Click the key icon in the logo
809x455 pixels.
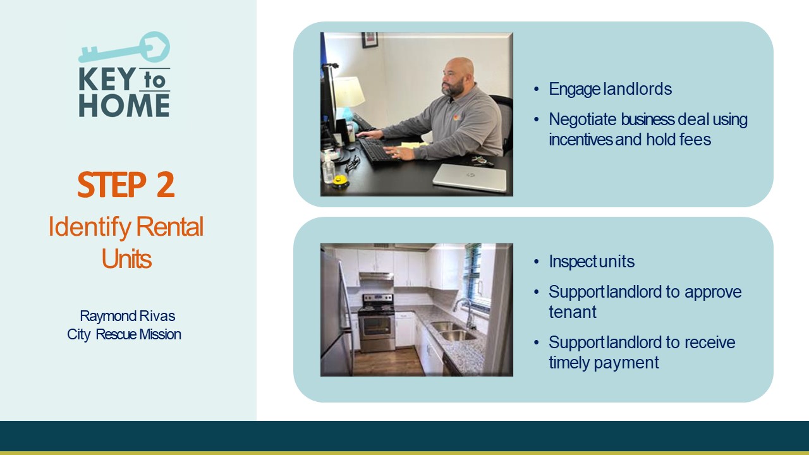tap(125, 49)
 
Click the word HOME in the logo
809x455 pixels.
tap(125, 106)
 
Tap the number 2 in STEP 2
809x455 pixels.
tap(166, 185)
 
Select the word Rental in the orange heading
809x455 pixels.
tap(170, 226)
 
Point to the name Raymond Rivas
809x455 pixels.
tap(128, 316)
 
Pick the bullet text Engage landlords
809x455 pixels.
tap(610, 89)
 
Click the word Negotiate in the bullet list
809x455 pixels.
tap(582, 119)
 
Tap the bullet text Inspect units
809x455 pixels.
tap(592, 262)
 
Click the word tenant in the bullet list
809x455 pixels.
tap(573, 312)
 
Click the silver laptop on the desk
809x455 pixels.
tap(470, 178)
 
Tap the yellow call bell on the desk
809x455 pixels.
tap(340, 181)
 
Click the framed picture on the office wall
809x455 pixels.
tap(370, 40)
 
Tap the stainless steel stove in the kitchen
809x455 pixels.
tap(377, 322)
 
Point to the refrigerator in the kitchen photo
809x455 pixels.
tap(336, 314)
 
